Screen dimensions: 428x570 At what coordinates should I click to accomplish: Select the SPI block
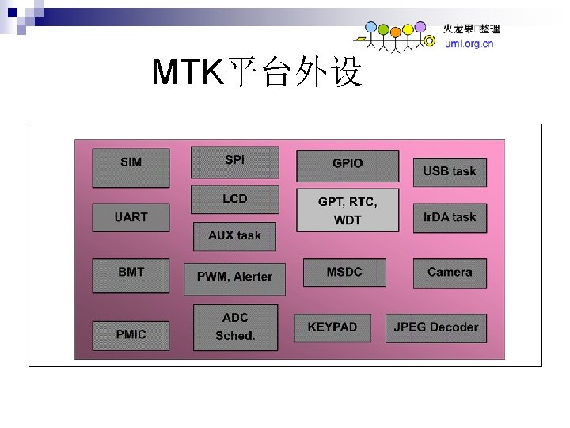pos(234,162)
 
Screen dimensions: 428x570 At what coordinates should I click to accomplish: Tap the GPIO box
pos(348,165)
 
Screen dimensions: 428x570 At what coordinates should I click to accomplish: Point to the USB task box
pos(450,172)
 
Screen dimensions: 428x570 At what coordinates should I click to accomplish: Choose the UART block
pos(131,218)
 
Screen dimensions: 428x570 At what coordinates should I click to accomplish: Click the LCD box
pos(234,200)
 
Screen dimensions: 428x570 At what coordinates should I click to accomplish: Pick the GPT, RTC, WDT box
pos(348,210)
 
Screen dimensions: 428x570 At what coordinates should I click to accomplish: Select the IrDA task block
pos(450,218)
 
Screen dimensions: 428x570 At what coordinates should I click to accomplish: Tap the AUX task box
pos(234,236)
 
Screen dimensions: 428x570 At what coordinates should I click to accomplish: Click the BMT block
pos(131,275)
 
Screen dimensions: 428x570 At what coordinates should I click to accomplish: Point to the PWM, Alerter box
pos(234,278)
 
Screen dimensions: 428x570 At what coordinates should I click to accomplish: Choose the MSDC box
pos(344,273)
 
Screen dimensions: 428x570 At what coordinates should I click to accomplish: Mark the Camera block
pos(450,273)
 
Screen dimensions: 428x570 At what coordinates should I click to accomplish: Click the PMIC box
pos(131,335)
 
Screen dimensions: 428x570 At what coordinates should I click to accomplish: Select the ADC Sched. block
pos(235,327)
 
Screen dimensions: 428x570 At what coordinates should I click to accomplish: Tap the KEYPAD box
pos(332,327)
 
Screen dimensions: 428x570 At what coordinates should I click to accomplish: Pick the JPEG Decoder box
pos(436,327)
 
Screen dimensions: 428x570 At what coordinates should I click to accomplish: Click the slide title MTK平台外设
pos(257,73)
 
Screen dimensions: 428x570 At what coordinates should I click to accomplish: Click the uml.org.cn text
pos(469,44)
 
